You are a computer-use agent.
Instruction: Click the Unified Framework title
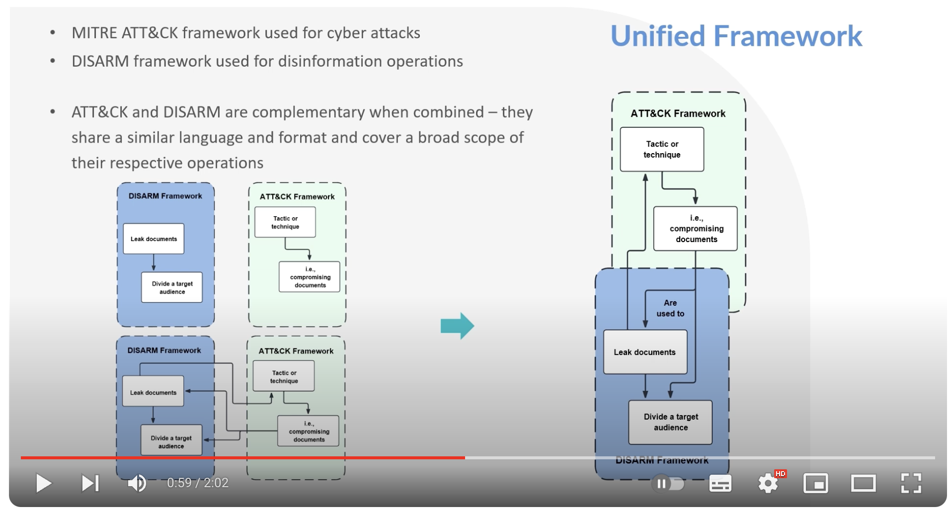tap(736, 36)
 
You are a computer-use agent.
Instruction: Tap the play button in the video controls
tap(44, 483)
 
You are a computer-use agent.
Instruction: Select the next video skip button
tap(90, 483)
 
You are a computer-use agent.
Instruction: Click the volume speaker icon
tap(137, 483)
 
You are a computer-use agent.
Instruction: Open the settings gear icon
tap(768, 483)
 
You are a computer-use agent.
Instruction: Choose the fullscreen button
tap(911, 483)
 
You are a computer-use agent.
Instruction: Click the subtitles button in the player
tap(720, 483)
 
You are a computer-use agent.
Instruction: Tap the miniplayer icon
tap(816, 483)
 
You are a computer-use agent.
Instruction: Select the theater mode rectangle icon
tap(863, 483)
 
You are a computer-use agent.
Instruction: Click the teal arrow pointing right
tap(457, 326)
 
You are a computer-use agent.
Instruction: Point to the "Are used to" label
tap(670, 308)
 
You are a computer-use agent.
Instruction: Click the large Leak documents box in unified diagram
tap(645, 352)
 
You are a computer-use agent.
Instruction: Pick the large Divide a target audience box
tap(670, 422)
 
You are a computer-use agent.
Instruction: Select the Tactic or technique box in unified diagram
tap(662, 149)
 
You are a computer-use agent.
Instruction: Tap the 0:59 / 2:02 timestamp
tap(197, 483)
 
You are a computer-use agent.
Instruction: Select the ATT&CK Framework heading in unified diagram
tap(678, 114)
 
